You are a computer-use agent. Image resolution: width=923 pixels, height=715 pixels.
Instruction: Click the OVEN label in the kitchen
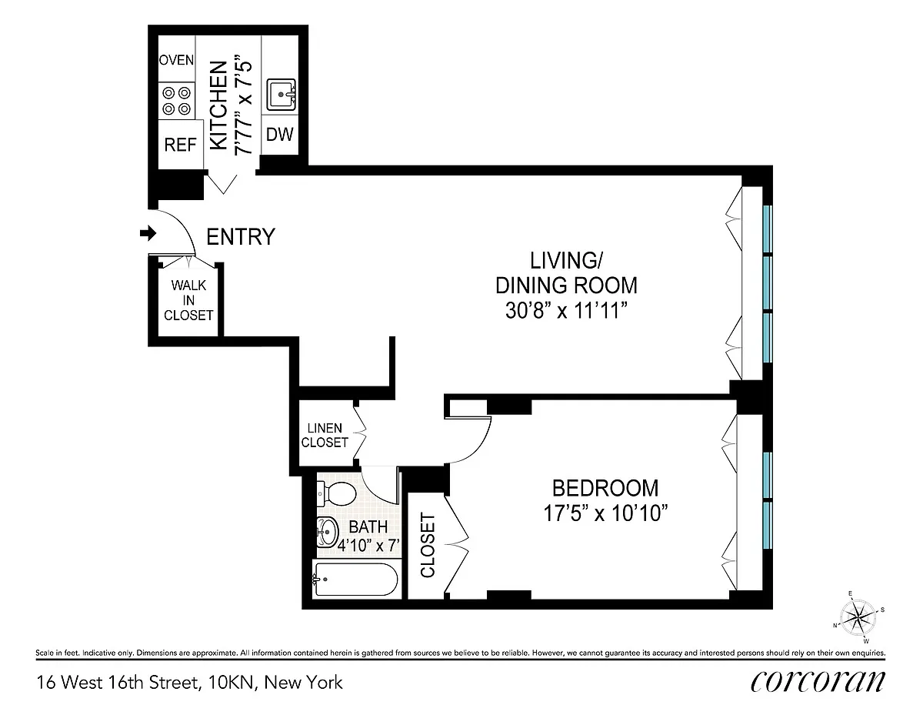[176, 60]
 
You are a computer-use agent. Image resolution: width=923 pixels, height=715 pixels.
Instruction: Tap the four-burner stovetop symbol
[177, 101]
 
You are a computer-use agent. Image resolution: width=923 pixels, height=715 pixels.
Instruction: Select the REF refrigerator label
[180, 145]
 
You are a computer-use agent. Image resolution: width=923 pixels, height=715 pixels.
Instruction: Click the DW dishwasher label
[279, 134]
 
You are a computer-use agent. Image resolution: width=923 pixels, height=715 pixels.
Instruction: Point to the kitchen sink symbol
[281, 95]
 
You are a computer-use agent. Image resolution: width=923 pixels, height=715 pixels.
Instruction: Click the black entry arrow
[148, 232]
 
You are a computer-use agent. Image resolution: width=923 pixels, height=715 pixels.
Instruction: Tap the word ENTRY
[241, 236]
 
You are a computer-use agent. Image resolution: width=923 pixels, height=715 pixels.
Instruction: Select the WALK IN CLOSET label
[188, 300]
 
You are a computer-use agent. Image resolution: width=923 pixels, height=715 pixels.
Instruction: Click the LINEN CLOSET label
[325, 435]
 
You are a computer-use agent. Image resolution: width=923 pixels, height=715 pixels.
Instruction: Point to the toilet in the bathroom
[336, 493]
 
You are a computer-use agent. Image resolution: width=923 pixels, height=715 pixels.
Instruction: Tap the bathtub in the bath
[355, 580]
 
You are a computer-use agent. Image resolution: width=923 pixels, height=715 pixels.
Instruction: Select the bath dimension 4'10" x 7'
[368, 545]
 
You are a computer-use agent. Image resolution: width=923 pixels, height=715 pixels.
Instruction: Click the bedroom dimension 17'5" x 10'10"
[605, 513]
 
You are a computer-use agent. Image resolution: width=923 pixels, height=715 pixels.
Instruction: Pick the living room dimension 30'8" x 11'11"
[566, 311]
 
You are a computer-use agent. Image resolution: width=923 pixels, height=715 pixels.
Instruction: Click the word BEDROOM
[605, 488]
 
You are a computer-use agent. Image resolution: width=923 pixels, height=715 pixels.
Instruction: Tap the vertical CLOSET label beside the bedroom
[428, 545]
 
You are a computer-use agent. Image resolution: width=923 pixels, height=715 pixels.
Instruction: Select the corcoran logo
[818, 682]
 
